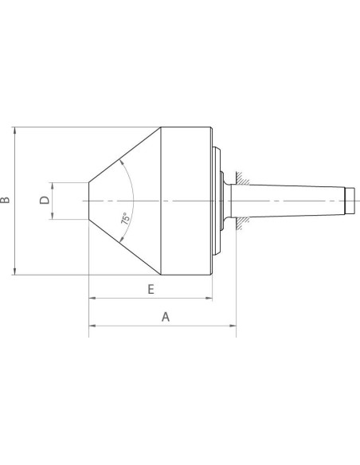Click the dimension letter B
(x=5, y=200)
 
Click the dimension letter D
(x=45, y=200)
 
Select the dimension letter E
(x=151, y=289)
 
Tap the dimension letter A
(x=166, y=317)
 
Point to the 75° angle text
(x=125, y=218)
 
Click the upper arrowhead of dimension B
(x=15, y=131)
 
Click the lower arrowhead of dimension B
(x=15, y=271)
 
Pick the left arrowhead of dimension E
(x=92, y=298)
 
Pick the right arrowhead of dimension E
(x=209, y=298)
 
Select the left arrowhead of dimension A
(x=92, y=326)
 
